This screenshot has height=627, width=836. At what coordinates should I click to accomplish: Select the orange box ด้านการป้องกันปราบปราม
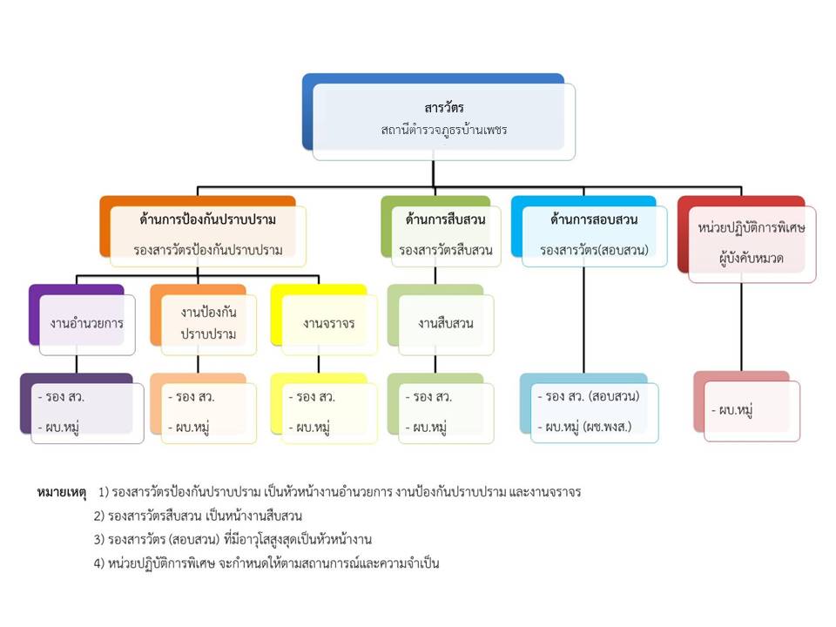coord(208,234)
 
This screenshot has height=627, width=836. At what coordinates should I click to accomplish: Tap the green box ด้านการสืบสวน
coord(445,234)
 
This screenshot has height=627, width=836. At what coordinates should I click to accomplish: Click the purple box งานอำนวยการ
coord(86,323)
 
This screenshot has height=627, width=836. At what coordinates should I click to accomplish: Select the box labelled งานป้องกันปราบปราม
coord(208,323)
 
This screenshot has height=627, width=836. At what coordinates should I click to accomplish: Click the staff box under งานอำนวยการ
coord(86,412)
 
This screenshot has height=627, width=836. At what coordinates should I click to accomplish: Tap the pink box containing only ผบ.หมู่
coord(751,409)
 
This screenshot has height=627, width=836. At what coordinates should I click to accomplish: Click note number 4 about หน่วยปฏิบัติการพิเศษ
coord(266,563)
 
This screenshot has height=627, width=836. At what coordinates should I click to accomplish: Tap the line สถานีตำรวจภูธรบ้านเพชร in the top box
coord(443,130)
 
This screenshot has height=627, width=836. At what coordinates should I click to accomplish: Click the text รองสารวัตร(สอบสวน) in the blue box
coord(594,249)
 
